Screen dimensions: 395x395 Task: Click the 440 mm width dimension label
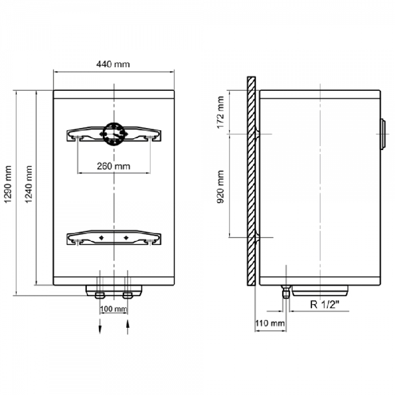(x=113, y=64)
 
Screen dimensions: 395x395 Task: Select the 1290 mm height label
(x=8, y=184)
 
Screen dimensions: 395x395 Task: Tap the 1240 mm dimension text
(x=28, y=184)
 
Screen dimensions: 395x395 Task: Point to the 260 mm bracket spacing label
(x=113, y=166)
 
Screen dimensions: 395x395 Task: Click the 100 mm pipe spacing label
(x=113, y=309)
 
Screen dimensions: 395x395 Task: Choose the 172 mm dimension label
(x=221, y=112)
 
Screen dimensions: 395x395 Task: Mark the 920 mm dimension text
(x=221, y=187)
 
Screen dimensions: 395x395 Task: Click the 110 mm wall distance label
(x=270, y=323)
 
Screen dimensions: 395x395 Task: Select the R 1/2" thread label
(x=324, y=305)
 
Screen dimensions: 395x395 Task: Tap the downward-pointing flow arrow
(x=100, y=327)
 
